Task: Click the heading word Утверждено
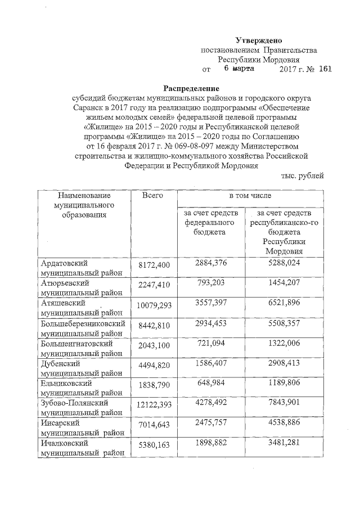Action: pyautogui.click(x=259, y=40)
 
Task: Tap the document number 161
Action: pyautogui.click(x=325, y=69)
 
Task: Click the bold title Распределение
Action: pyautogui.click(x=191, y=88)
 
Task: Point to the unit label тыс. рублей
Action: pyautogui.click(x=303, y=176)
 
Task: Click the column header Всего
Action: pyautogui.click(x=152, y=195)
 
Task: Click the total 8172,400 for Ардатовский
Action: pyautogui.click(x=154, y=264)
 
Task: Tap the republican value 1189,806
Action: pyautogui.click(x=287, y=383)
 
